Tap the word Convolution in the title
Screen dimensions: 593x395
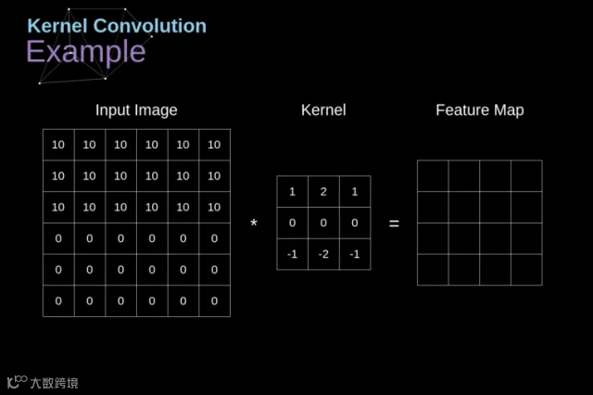[150, 26]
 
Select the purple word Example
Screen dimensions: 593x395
[86, 52]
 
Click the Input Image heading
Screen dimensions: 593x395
[136, 110]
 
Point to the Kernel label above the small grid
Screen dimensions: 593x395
[323, 110]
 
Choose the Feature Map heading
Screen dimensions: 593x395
[480, 110]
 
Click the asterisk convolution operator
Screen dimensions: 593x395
[254, 223]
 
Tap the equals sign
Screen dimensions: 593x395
[394, 224]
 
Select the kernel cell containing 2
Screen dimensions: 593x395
[323, 191]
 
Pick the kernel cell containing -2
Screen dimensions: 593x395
[323, 254]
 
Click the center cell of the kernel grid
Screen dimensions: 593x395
[323, 223]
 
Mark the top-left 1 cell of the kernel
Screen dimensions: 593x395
[293, 191]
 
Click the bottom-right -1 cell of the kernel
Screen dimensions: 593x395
[355, 254]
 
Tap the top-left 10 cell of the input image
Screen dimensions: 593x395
[58, 145]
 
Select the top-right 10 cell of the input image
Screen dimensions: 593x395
[214, 145]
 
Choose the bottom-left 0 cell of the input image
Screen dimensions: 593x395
[58, 300]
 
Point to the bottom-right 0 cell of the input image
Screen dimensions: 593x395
[214, 300]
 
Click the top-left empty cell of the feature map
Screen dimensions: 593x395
[433, 176]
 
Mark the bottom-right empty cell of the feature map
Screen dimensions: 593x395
[526, 270]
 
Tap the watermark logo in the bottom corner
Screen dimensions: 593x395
[43, 382]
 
